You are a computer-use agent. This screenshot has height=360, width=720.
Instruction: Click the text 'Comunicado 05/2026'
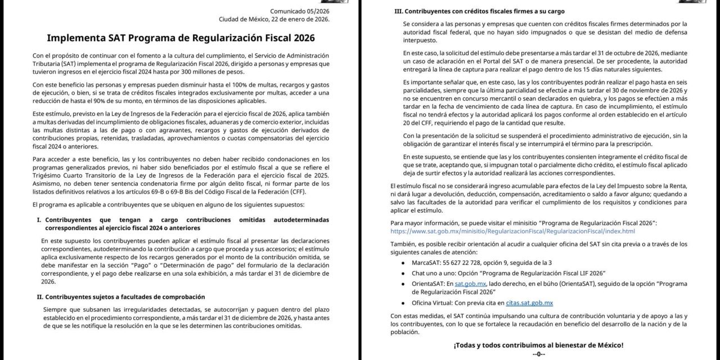[x=300, y=11]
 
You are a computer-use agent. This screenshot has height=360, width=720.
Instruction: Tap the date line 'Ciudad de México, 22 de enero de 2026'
[x=274, y=19]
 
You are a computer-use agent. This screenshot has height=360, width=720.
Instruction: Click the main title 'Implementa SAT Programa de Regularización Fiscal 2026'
[x=181, y=38]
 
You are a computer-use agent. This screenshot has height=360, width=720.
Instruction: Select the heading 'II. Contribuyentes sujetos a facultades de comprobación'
[x=120, y=296]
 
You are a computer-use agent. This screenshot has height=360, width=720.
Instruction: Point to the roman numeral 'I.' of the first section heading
[x=39, y=219]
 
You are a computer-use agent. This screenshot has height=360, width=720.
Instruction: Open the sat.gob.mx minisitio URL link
[x=512, y=231]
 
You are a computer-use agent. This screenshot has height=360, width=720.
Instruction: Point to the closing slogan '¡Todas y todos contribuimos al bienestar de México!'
[x=538, y=345]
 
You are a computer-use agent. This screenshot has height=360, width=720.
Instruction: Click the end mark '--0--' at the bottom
[x=538, y=354]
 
